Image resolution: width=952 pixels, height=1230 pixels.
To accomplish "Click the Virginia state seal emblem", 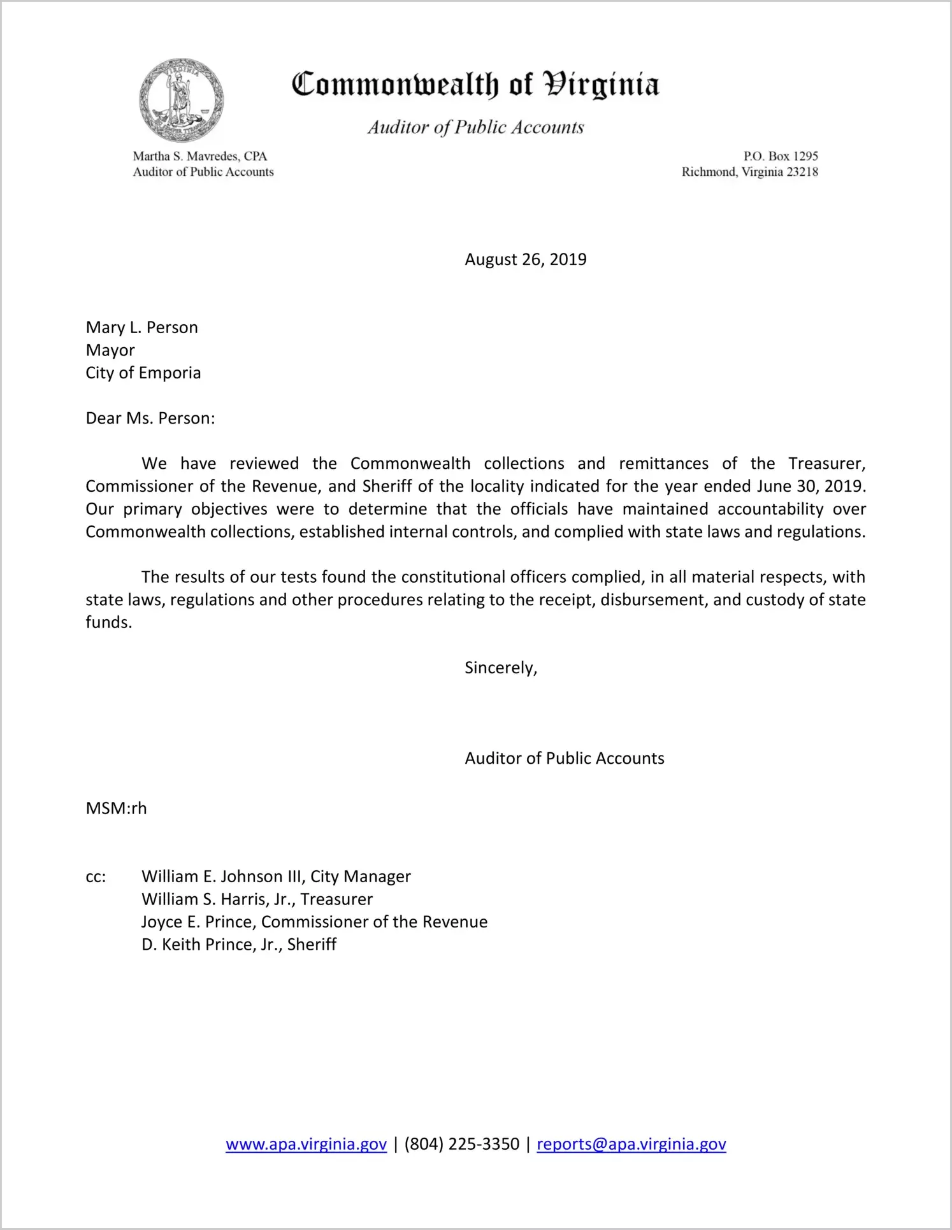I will [182, 100].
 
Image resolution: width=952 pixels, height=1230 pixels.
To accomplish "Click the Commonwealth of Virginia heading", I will [475, 85].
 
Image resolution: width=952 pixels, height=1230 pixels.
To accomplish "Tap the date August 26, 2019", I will [525, 259].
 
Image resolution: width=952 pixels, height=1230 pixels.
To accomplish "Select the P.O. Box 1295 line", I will [780, 156].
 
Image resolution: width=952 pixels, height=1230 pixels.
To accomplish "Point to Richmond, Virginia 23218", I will [749, 172].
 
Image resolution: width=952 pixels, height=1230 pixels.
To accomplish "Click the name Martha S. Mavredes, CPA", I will [199, 156].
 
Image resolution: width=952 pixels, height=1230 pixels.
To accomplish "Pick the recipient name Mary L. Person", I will [141, 327].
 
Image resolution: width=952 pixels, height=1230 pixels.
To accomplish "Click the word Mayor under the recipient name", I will [110, 350].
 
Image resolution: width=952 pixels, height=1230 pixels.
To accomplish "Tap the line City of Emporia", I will [143, 373].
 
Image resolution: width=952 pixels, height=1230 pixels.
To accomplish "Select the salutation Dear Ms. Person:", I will [150, 418].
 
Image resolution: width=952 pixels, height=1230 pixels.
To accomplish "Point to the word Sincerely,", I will [501, 668].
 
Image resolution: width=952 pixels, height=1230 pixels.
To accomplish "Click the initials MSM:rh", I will [116, 808].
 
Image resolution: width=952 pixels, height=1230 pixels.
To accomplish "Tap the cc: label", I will [96, 877].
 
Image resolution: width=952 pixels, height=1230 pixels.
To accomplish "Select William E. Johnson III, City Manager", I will [276, 876].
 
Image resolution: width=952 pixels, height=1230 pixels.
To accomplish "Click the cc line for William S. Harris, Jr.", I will [257, 899].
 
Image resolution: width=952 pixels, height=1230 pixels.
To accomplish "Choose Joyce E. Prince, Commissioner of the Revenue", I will [314, 922].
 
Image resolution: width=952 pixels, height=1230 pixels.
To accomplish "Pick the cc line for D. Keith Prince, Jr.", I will [239, 945].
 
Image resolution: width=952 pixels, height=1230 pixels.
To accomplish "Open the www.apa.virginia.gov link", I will [306, 1144].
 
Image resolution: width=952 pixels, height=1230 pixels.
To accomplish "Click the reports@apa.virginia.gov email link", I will [631, 1144].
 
